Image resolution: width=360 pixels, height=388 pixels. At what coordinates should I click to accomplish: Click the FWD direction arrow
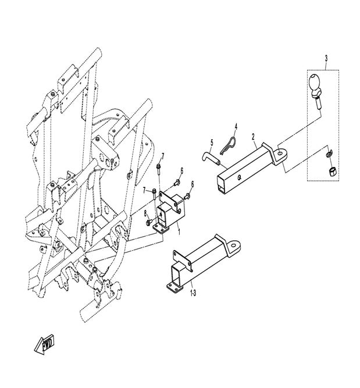(44, 344)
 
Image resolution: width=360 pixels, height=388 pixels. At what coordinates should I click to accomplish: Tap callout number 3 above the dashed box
(326, 59)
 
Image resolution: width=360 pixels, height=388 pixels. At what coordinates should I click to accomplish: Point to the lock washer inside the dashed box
(329, 154)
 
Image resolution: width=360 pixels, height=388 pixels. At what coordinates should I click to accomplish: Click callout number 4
(236, 127)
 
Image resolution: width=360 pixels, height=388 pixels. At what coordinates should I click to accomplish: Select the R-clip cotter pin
(228, 146)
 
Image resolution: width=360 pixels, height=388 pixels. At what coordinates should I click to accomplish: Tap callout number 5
(212, 143)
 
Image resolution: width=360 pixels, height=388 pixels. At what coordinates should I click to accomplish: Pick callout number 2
(253, 136)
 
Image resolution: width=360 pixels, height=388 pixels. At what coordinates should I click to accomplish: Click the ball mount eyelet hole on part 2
(280, 154)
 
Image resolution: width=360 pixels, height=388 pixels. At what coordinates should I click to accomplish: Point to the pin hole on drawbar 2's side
(239, 177)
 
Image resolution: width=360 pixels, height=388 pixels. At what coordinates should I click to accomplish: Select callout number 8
(145, 213)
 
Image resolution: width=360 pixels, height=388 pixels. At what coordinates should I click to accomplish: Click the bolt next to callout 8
(149, 222)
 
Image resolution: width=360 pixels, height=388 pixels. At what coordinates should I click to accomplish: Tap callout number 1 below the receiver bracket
(179, 232)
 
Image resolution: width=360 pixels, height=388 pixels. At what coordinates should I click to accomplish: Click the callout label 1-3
(193, 293)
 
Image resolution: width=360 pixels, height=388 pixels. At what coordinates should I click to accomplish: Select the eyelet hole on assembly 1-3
(233, 245)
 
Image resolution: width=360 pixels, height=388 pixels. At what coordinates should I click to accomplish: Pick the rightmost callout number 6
(193, 184)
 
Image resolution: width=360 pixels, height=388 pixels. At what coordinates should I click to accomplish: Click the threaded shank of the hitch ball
(318, 104)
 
